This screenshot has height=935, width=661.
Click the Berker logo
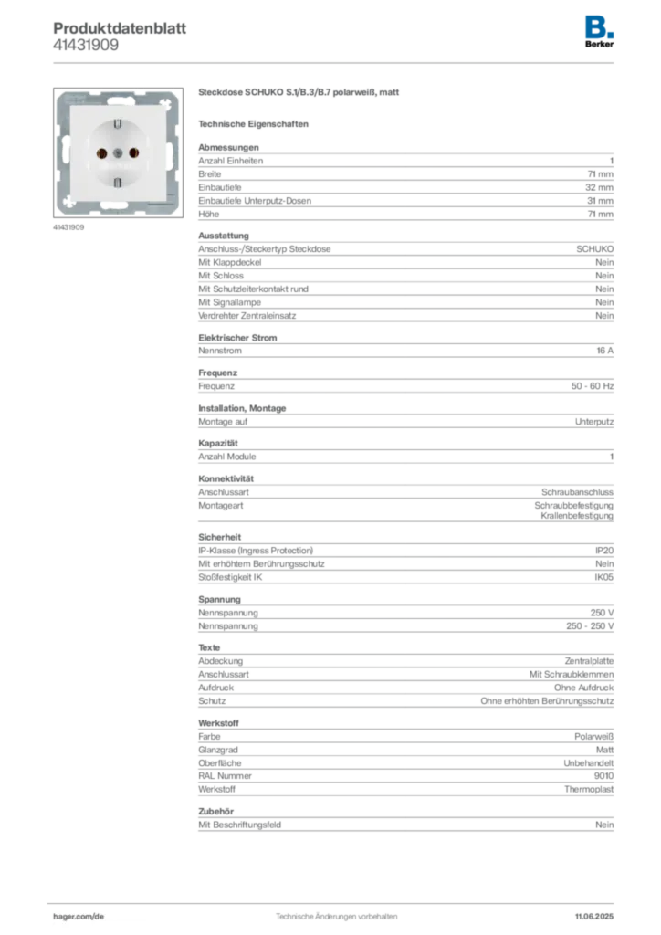[599, 32]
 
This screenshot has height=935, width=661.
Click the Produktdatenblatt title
[120, 28]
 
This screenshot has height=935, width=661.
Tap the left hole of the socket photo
[102, 153]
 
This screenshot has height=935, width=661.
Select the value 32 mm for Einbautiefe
[599, 187]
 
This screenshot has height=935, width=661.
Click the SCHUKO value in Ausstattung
[595, 248]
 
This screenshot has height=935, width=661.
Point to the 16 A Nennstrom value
[605, 351]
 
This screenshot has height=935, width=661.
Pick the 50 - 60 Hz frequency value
[593, 386]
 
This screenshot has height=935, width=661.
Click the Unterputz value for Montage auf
[594, 422]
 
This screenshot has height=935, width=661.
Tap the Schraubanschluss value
[578, 492]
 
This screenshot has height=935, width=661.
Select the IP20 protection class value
[604, 551]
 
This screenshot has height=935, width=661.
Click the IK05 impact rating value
[603, 577]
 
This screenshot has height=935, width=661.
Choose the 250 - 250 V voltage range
[590, 626]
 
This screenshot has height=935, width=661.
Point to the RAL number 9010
[603, 776]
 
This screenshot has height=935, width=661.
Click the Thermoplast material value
[589, 789]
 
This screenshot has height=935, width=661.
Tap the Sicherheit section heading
[220, 537]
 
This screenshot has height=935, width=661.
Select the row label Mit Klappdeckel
[230, 262]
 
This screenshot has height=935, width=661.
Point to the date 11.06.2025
[594, 917]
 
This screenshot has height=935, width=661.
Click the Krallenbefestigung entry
[577, 515]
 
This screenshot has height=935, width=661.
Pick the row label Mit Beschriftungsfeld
[239, 825]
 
